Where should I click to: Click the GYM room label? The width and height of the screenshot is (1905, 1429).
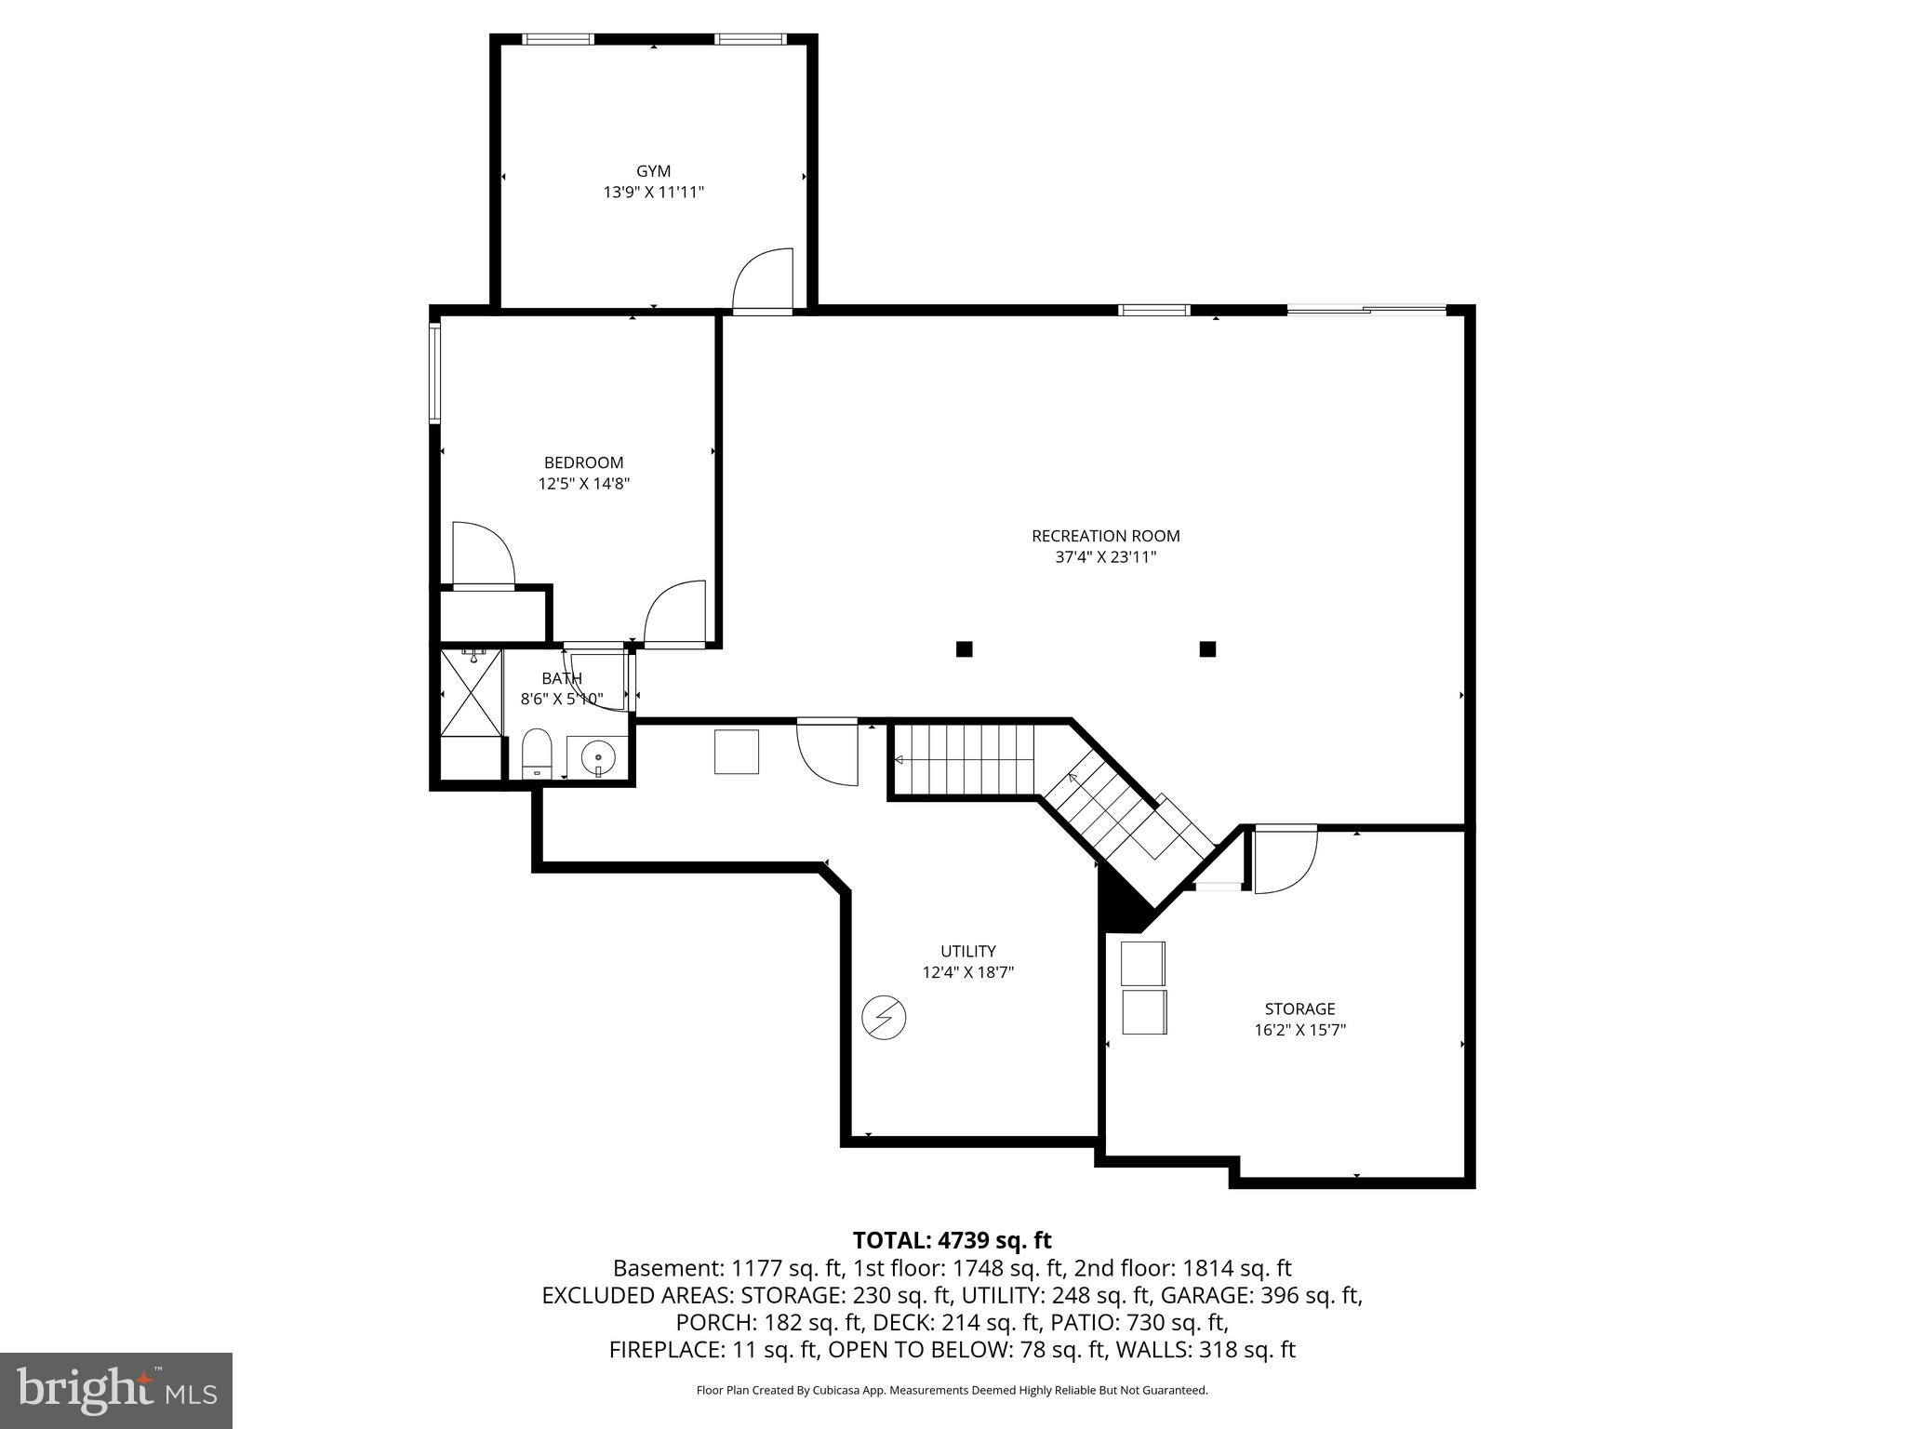coord(653,171)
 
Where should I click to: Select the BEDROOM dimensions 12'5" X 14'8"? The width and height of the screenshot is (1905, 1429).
coord(584,484)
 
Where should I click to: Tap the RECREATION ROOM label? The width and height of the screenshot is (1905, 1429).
coord(1105,536)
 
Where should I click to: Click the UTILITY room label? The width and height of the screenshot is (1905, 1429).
coord(967,951)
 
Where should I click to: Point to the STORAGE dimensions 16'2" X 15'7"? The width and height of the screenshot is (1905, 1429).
coord(1299,1030)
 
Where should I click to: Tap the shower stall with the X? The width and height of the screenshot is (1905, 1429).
coord(471,692)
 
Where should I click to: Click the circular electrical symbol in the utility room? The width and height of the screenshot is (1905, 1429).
coord(884,1018)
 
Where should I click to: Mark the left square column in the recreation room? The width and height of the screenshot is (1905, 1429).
coord(965,649)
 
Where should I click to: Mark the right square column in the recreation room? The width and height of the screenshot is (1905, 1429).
coord(1207,649)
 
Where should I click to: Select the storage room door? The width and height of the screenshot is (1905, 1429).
coord(1285,861)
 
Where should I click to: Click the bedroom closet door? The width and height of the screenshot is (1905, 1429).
coord(482,554)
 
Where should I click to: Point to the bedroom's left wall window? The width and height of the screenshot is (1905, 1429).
coord(434,373)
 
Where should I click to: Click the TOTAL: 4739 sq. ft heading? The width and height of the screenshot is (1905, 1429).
coord(952,1240)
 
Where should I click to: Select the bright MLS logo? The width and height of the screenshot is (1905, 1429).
coord(116,1390)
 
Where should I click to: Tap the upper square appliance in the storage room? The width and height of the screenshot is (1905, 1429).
coord(1143,963)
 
